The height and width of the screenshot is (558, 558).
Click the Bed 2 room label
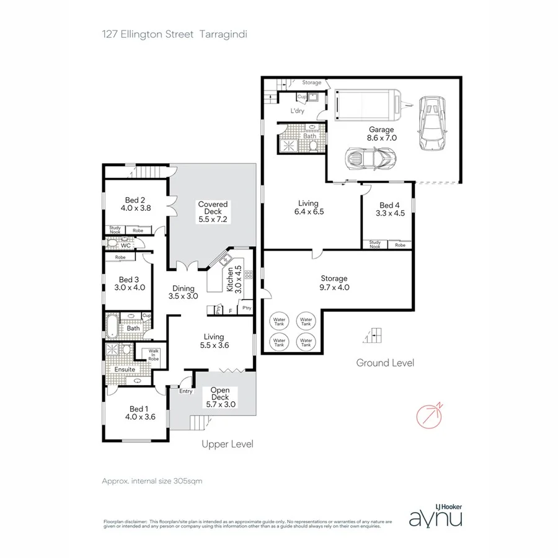pyautogui.click(x=135, y=204)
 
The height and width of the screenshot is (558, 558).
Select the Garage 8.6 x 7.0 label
pyautogui.click(x=382, y=134)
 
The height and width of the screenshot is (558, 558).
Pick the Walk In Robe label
pyautogui.click(x=153, y=355)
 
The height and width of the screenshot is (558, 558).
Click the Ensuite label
pyautogui.click(x=124, y=370)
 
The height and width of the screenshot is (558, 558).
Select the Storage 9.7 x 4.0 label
pyautogui.click(x=334, y=283)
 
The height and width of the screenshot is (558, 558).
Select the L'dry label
pyautogui.click(x=297, y=112)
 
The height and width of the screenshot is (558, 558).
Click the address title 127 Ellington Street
pyautogui.click(x=148, y=35)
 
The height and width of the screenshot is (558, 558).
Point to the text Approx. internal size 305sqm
pyautogui.click(x=152, y=480)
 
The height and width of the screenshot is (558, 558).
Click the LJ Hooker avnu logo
pyautogui.click(x=435, y=515)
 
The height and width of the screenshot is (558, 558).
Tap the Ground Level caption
pyautogui.click(x=384, y=363)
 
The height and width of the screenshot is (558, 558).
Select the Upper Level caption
pyautogui.click(x=228, y=444)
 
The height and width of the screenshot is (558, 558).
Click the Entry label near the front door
pyautogui.click(x=185, y=391)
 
